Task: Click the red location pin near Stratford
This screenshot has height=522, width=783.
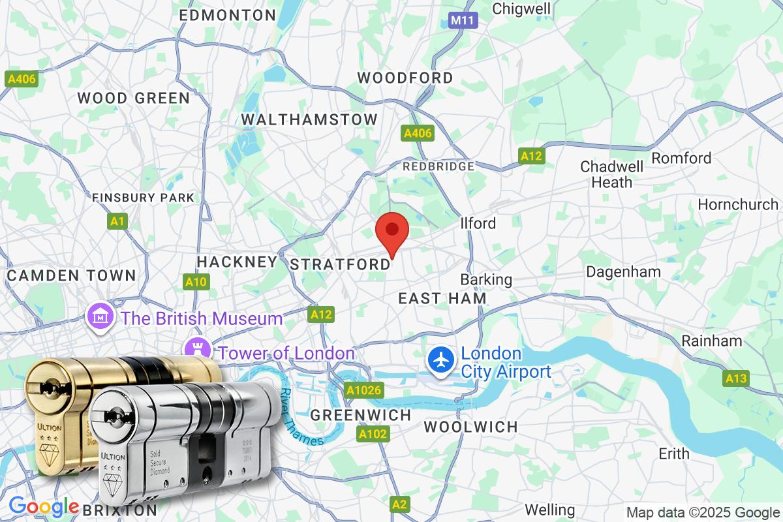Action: [x=392, y=230]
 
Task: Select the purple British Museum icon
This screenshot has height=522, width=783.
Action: [x=100, y=318]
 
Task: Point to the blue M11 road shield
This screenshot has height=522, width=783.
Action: [x=463, y=21]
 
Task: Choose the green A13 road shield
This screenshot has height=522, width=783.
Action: [x=737, y=378]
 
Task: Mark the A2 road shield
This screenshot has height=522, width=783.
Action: [x=400, y=504]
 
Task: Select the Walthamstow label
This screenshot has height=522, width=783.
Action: [x=309, y=119]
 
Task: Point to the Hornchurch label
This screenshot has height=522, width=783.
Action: [x=738, y=204]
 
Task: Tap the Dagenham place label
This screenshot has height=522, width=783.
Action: [x=623, y=271]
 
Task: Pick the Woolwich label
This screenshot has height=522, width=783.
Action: [x=470, y=427]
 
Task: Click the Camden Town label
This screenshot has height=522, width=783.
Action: [x=72, y=275]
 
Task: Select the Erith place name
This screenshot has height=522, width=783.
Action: [x=674, y=453]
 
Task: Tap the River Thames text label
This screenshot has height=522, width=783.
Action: [x=301, y=418]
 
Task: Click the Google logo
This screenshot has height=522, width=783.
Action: [x=44, y=506]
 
